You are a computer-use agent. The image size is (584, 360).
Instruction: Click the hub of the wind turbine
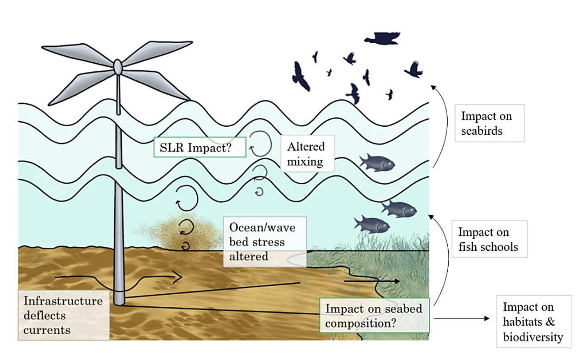click(118, 68)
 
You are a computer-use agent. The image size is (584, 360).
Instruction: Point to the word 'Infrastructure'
click(63, 301)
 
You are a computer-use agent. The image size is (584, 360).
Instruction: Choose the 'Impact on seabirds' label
click(489, 123)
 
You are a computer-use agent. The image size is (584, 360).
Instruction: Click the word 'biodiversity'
click(533, 337)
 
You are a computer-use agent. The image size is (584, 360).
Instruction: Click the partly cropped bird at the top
click(382, 39)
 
